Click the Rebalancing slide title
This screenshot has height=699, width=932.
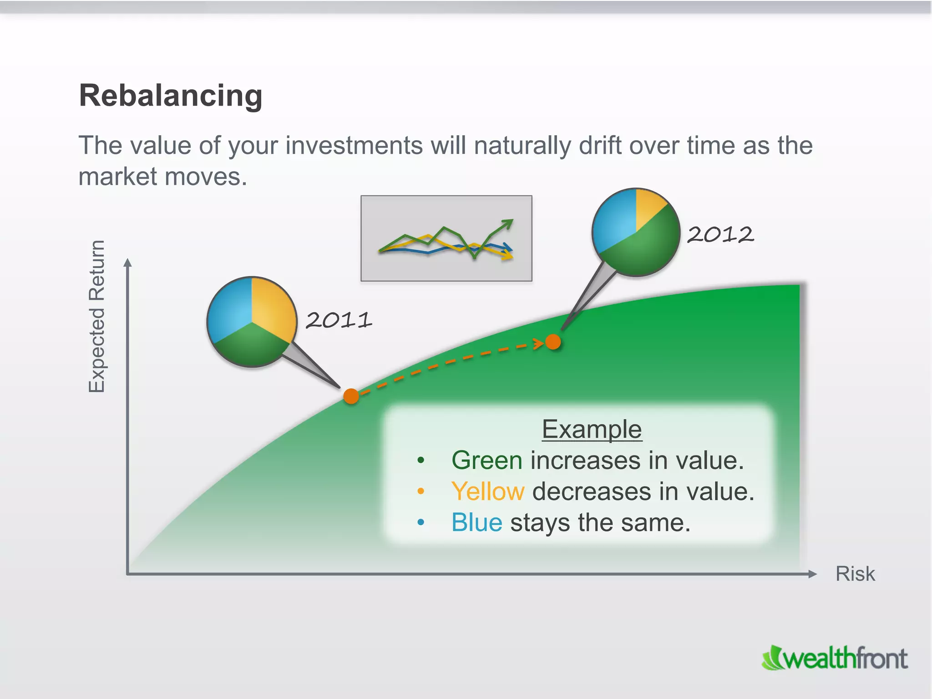171,96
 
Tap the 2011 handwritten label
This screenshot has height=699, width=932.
339,320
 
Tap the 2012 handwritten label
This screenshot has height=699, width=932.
720,235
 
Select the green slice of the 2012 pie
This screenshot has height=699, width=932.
646,248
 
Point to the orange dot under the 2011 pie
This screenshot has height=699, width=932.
351,396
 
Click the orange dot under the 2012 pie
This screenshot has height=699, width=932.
553,342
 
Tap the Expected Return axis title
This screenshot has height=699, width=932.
96,316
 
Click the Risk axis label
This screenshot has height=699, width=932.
855,574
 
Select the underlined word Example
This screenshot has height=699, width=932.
592,429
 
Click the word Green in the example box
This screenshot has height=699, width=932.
486,460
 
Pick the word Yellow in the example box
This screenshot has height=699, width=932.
488,491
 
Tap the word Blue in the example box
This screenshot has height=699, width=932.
476,522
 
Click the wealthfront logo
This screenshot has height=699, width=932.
835,658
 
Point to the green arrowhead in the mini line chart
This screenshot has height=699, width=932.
507,223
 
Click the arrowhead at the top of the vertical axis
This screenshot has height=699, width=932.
128,263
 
